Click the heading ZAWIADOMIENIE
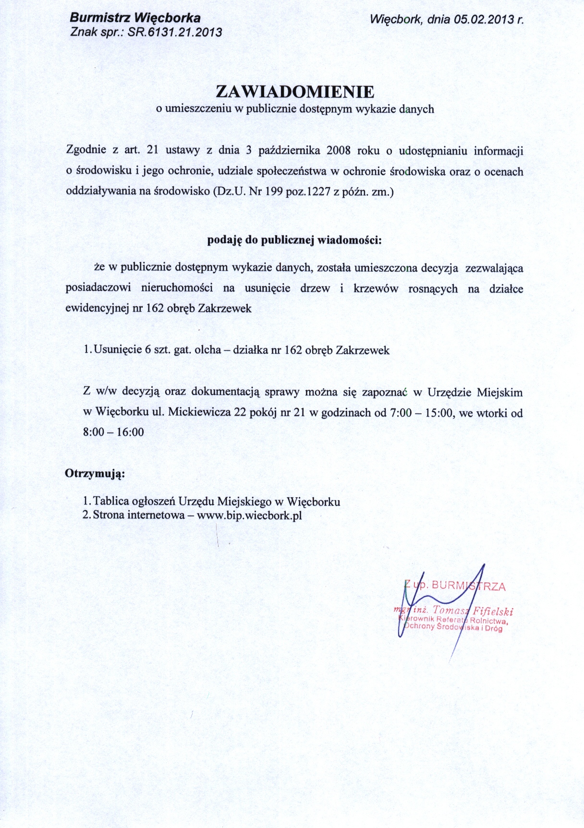pos(295,92)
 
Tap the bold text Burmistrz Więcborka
pos(135,18)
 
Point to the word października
pos(289,151)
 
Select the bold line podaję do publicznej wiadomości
pos(294,240)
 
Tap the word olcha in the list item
pos(207,350)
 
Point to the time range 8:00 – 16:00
pos(113,432)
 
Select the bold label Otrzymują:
pos(95,474)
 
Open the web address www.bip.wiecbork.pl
pos(249,516)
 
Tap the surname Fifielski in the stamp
pos(493,611)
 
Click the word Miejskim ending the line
pos(499,392)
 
